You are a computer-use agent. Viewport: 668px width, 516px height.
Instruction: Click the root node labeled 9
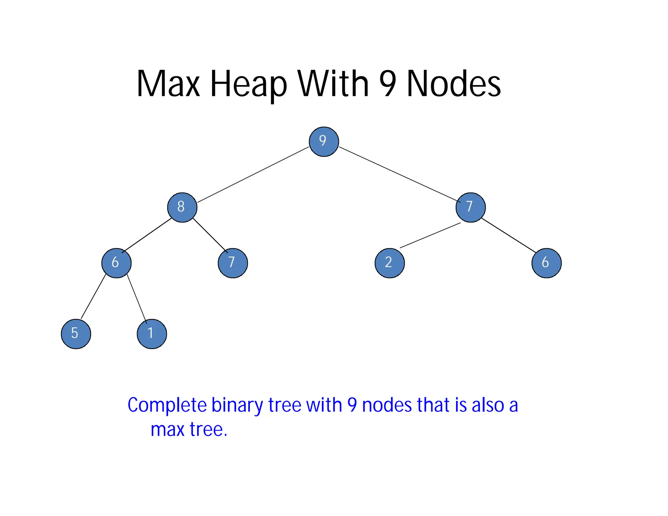pyautogui.click(x=324, y=142)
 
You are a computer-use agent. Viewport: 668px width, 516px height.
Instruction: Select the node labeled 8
pyautogui.click(x=182, y=207)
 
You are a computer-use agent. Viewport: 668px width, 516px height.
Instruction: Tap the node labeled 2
pyautogui.click(x=389, y=263)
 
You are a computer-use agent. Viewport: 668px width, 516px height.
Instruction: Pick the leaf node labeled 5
pyautogui.click(x=76, y=334)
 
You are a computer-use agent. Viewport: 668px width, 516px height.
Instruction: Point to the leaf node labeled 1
pyautogui.click(x=152, y=334)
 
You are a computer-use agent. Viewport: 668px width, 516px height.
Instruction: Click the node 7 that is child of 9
pyautogui.click(x=470, y=207)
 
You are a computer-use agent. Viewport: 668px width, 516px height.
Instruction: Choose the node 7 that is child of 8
pyautogui.click(x=233, y=263)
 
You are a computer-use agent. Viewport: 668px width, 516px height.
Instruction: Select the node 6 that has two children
pyautogui.click(x=116, y=263)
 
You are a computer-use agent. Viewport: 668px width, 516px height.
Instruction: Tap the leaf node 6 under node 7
pyautogui.click(x=546, y=263)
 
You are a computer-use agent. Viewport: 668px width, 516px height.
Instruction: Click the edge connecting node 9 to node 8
pyautogui.click(x=253, y=175)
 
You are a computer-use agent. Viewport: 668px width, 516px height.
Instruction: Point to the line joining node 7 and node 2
pyautogui.click(x=430, y=235)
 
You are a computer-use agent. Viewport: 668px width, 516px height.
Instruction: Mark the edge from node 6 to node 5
pyautogui.click(x=94, y=296)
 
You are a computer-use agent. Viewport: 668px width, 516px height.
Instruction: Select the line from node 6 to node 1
pyautogui.click(x=137, y=298)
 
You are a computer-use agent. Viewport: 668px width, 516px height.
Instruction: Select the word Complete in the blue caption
pyautogui.click(x=167, y=405)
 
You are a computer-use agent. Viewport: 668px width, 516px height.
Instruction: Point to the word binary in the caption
pyautogui.click(x=237, y=405)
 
